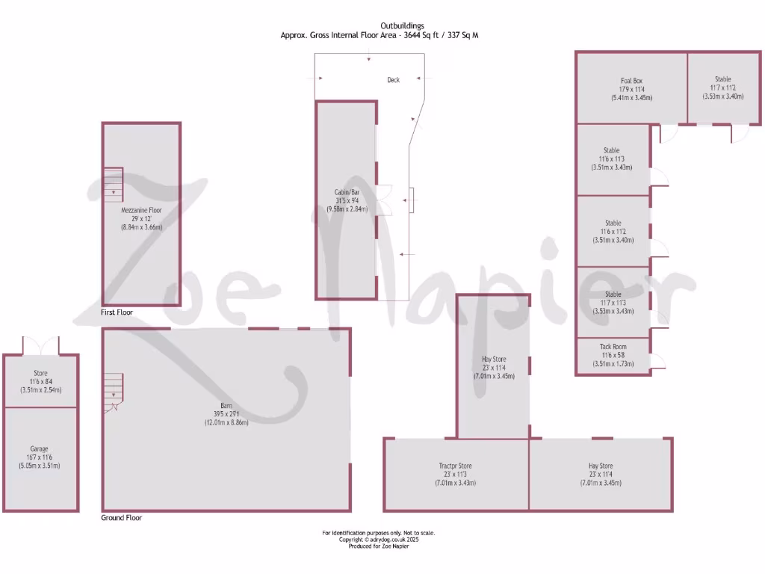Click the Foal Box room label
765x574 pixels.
(x=631, y=80)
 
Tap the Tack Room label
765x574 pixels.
(x=613, y=347)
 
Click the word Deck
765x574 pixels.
(x=393, y=80)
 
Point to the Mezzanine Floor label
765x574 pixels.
(x=141, y=211)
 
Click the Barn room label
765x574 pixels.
(x=226, y=405)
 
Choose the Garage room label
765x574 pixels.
(x=39, y=450)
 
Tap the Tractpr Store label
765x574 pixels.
(x=455, y=466)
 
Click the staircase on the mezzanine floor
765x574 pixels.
(x=113, y=184)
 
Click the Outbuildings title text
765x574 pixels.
(x=382, y=26)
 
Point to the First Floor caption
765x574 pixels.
(x=117, y=312)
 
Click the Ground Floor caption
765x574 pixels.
(x=121, y=517)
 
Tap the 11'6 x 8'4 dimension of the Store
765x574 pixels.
(x=40, y=381)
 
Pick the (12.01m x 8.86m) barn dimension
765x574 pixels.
(x=226, y=422)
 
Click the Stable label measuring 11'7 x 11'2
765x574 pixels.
(x=722, y=87)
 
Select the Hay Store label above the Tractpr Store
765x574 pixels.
(x=494, y=359)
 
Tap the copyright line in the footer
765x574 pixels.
(x=378, y=540)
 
